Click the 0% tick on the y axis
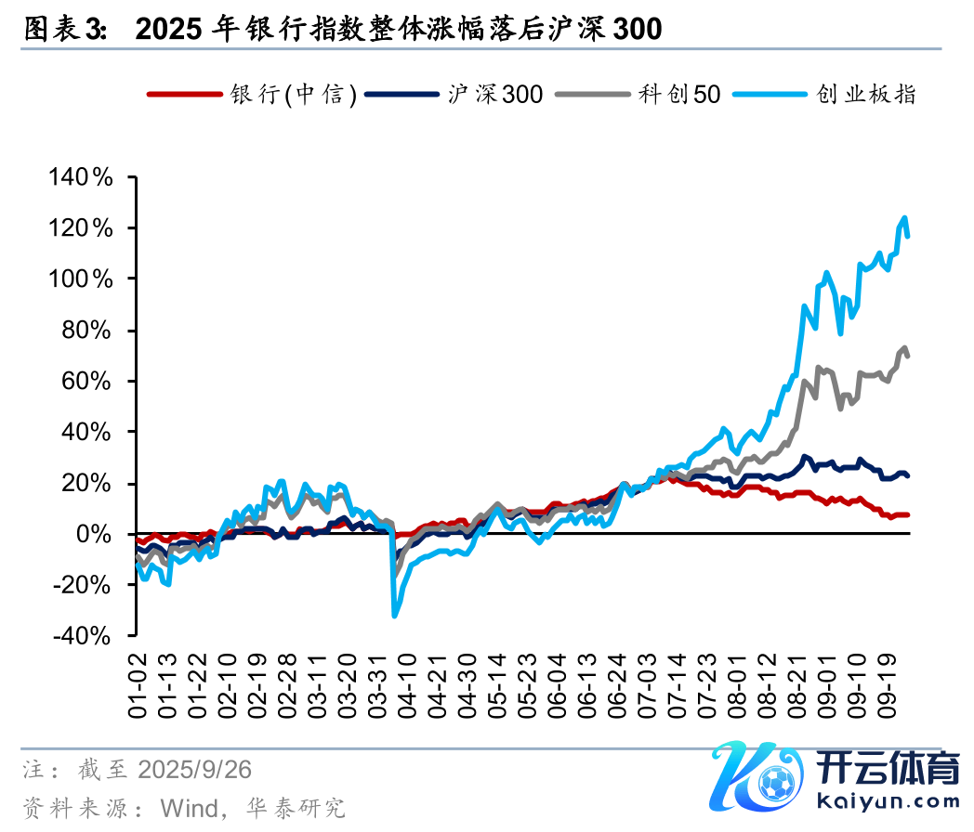pyautogui.click(x=97, y=535)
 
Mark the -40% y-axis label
pyautogui.click(x=83, y=637)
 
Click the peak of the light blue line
pyautogui.click(x=904, y=218)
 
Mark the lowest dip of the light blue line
pyautogui.click(x=394, y=615)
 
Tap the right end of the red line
pyautogui.click(x=908, y=514)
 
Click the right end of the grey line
pyautogui.click(x=908, y=356)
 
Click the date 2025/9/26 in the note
pyautogui.click(x=194, y=770)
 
